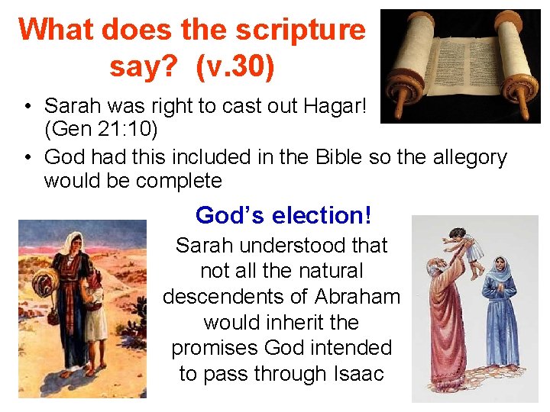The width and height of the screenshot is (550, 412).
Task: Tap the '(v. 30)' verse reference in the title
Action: click(x=235, y=66)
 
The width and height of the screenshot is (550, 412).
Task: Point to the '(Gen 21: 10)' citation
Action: click(x=101, y=130)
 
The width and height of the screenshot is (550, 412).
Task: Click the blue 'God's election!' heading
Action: click(x=283, y=215)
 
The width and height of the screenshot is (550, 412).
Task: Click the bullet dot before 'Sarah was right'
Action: click(x=27, y=105)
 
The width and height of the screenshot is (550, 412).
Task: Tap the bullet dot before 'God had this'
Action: click(x=27, y=157)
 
